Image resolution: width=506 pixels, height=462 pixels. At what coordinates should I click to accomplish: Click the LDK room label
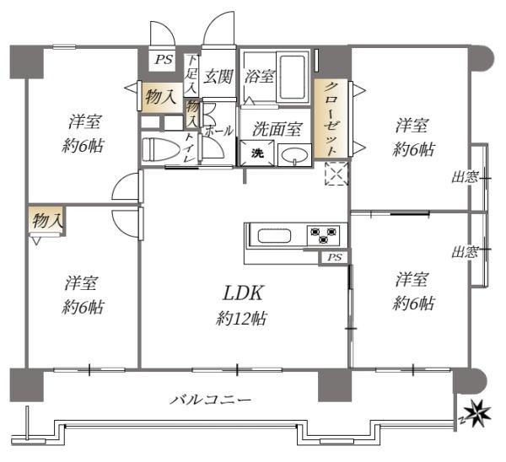point(244,293)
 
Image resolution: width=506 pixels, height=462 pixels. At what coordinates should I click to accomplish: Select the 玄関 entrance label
point(218,78)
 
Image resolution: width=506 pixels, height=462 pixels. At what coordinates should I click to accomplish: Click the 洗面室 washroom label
point(277,130)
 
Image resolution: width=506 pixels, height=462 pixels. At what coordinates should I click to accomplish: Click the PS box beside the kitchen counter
point(335,257)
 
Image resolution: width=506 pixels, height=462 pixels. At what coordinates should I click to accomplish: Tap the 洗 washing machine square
point(256,154)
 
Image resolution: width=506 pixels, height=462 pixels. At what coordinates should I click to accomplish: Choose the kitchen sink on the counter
point(274,234)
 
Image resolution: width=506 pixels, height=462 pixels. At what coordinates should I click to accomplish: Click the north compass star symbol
point(478,413)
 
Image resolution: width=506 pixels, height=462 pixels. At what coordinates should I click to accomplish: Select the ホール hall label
point(218,132)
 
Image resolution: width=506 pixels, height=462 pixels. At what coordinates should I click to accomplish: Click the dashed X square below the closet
point(336,175)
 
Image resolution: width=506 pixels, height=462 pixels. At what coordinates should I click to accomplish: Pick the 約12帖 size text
point(244,319)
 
